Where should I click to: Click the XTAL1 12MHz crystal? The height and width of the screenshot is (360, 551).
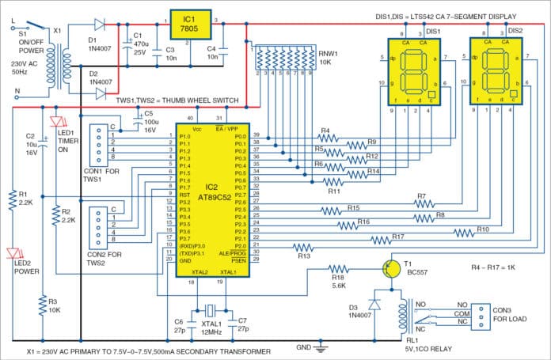pos(209,309)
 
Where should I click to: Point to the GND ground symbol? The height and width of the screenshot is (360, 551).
pos(321,346)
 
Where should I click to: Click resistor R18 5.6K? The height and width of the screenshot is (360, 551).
pos(338,269)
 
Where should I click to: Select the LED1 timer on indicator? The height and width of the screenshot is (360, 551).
pos(55,123)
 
